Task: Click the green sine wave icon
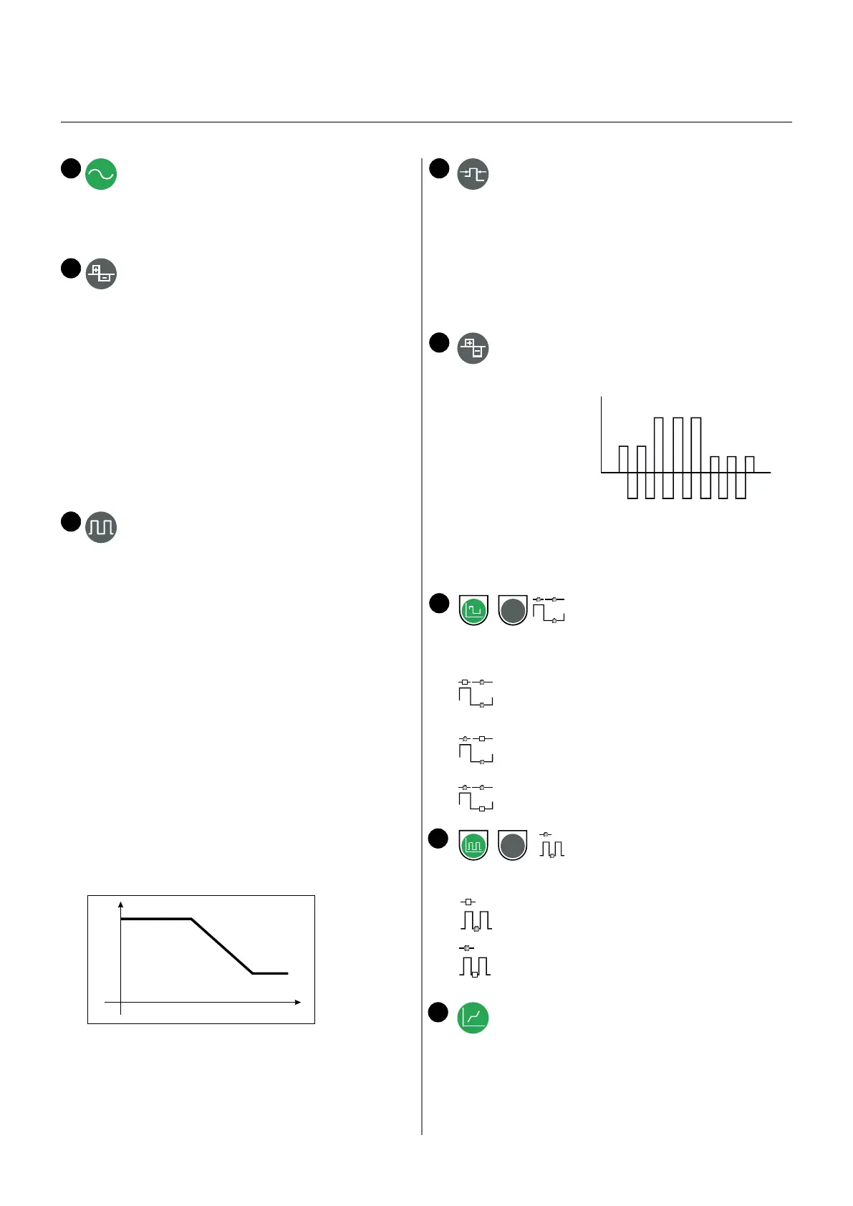point(101,174)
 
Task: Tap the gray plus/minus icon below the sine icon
point(101,274)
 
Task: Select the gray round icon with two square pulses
point(101,527)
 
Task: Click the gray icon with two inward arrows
point(473,174)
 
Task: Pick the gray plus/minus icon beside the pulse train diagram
point(473,348)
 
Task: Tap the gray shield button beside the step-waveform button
point(512,610)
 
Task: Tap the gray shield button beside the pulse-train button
point(512,845)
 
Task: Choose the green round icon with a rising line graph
point(473,1017)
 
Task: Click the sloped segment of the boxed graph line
point(222,946)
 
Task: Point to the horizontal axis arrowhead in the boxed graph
point(297,1002)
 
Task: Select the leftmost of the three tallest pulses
point(659,444)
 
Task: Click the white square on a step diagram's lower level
point(482,809)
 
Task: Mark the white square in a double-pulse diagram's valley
point(475,974)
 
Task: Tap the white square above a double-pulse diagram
point(468,902)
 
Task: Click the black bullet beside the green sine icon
point(70,168)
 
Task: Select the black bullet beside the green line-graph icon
point(438,1012)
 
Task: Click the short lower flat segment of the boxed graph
point(270,973)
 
